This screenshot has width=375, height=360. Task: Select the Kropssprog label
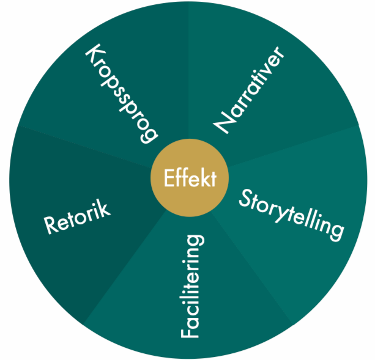(x=121, y=92)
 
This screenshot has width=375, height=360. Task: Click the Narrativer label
(x=250, y=90)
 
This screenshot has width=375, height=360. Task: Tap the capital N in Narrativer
(x=222, y=124)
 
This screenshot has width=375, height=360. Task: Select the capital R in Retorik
(x=51, y=226)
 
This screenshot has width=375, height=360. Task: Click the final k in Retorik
(x=105, y=208)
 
